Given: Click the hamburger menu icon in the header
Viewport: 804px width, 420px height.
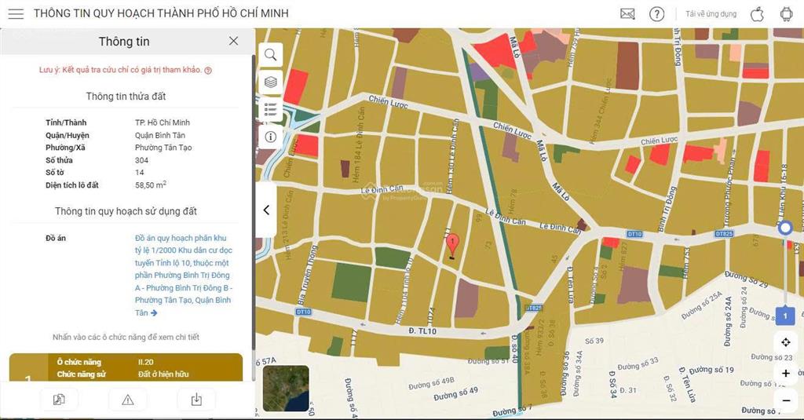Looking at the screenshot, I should pos(16,14).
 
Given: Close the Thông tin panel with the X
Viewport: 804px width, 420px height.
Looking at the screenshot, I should pos(233,41).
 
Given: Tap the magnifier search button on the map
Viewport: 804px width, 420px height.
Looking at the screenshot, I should pos(270,54).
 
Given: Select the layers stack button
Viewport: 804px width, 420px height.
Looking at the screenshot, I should pos(270,82).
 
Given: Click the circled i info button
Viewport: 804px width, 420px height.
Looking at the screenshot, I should pos(270,136).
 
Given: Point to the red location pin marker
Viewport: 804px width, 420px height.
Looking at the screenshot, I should pos(452,245).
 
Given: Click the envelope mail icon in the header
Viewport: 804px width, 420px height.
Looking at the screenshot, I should pos(627,14).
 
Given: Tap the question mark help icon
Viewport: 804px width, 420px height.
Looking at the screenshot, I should pos(656,14).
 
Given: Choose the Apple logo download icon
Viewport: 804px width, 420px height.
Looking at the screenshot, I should pos(757,14).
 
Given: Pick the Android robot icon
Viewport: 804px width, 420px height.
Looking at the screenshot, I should pos(786,14).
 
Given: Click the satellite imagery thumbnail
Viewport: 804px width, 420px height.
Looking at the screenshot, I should pos(286,389).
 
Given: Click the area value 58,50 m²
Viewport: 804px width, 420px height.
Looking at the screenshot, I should pos(150,185).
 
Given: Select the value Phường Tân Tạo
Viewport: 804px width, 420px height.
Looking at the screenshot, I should pos(163,148).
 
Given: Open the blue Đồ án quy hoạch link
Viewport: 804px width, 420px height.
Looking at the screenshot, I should pos(183,275).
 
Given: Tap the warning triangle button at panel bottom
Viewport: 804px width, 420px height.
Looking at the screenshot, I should pos(128,400).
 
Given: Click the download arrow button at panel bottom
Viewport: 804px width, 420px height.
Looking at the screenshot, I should pos(196,400).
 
